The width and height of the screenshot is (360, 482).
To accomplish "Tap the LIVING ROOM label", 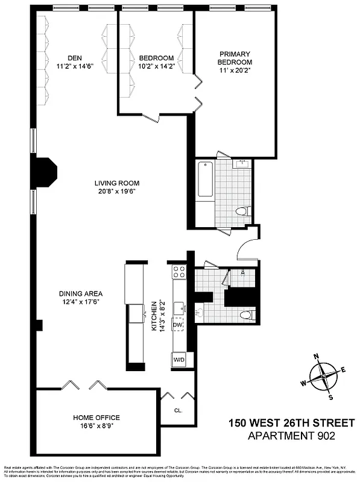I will coord(116,183).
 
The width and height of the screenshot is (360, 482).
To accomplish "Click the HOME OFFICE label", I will coord(96,418).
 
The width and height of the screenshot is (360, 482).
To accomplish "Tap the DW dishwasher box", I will coord(178,325).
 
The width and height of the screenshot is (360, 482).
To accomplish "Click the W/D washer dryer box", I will coord(179,360).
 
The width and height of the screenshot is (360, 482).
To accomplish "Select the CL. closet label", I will coord(178,410).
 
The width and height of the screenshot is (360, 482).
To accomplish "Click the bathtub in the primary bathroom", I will coord(205,180).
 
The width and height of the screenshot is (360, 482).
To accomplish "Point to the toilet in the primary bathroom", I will coord(242,211).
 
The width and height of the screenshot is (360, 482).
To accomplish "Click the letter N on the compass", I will coord(316,356).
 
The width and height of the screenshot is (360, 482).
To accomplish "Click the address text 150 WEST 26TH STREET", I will coord(291,423).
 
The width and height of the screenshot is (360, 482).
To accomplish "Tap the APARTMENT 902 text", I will coord(291,436).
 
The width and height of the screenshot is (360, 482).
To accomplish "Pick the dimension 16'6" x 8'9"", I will coord(96,426).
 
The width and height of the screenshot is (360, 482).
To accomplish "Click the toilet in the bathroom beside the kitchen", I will coord(244,315).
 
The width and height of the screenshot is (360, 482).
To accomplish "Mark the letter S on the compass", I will coord(330,397).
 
